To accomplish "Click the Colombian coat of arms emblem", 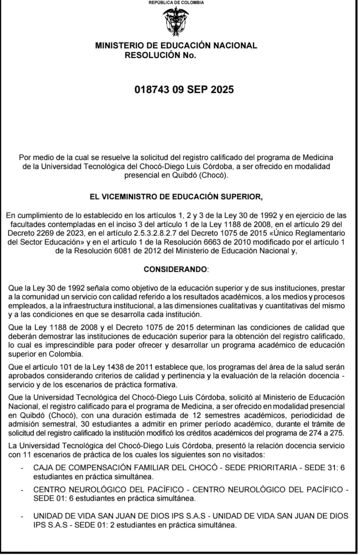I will [176, 22].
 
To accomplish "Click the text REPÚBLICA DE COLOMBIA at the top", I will [176, 2].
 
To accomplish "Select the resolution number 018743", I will [152, 89].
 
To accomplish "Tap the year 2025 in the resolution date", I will [222, 89].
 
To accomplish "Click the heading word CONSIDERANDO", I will [175, 269].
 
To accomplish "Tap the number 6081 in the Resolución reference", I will [122, 251].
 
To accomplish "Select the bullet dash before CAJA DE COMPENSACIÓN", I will [22, 468].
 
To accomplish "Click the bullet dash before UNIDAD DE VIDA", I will [22, 516].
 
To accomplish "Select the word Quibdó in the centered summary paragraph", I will [184, 175].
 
